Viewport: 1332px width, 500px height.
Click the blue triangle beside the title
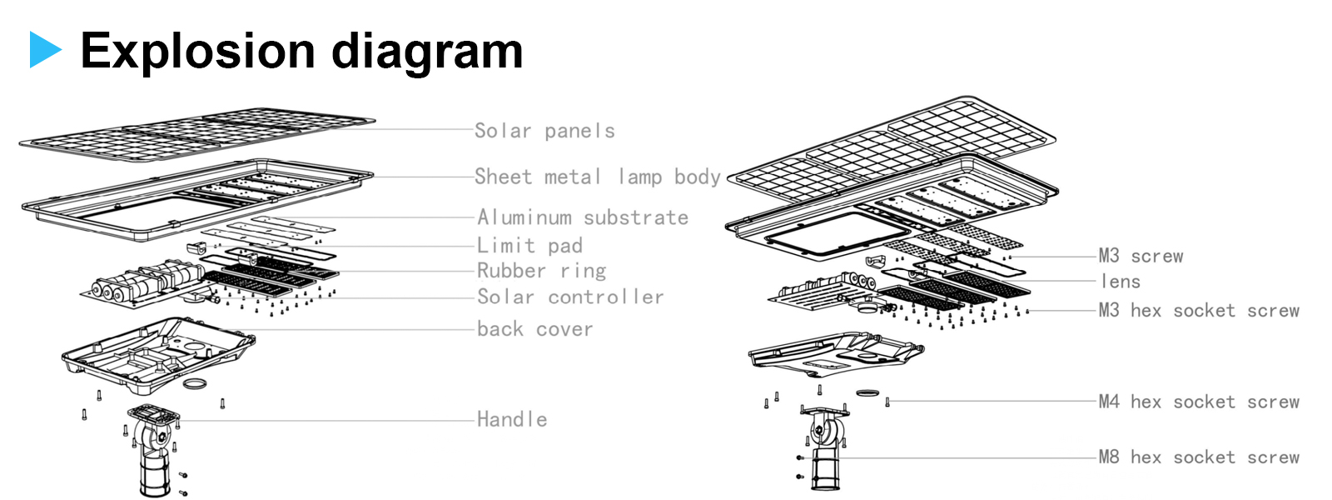tap(44, 49)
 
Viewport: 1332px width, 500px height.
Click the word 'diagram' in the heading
tap(427, 52)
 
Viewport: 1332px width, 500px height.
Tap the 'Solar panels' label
tap(544, 131)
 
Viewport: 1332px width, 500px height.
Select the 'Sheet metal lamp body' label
tap(597, 177)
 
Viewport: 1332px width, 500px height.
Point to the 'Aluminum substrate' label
tap(582, 217)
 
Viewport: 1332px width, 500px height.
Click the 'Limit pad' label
tap(529, 246)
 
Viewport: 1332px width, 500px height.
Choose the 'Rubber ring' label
tap(541, 271)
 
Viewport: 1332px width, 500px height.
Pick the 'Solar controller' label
tap(570, 297)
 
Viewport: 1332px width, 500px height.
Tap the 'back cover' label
tap(534, 329)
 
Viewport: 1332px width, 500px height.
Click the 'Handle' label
tap(512, 419)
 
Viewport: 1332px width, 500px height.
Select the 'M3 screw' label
tap(1141, 256)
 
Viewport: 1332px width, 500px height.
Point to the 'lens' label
tap(1120, 282)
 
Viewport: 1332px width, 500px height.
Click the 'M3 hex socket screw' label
tap(1199, 311)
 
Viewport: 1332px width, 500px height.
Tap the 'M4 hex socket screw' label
tap(1199, 402)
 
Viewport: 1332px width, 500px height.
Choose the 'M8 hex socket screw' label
tap(1199, 457)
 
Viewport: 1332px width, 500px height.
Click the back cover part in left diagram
tap(158, 354)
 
